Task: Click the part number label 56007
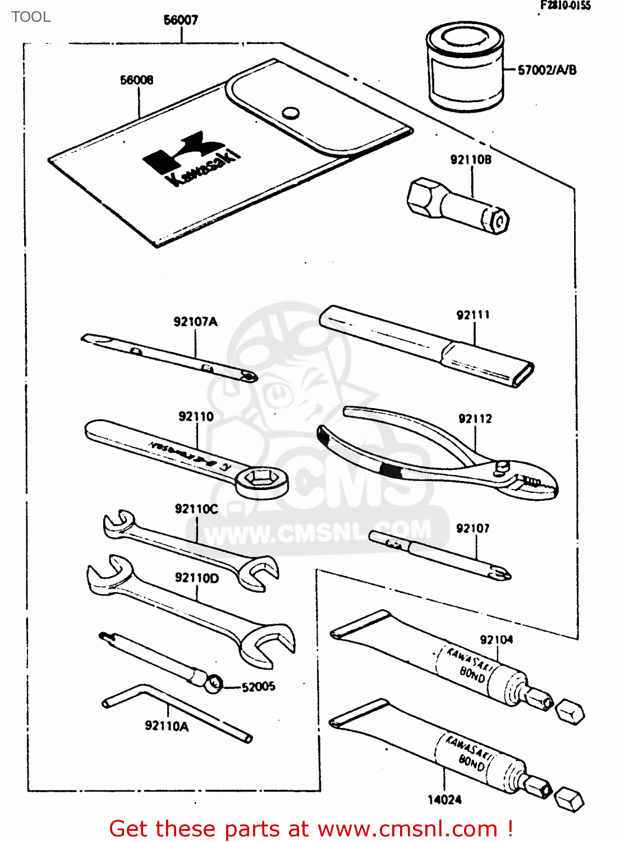(181, 20)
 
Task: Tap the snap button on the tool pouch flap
(290, 113)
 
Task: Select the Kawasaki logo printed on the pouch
(191, 158)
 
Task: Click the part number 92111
(472, 315)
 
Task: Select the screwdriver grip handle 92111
(426, 346)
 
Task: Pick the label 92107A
(195, 322)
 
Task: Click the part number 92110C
(196, 509)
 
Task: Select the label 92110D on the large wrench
(196, 578)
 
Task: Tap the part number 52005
(258, 687)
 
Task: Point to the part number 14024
(444, 800)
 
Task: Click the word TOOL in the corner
(31, 17)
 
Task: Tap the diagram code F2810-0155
(565, 6)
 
